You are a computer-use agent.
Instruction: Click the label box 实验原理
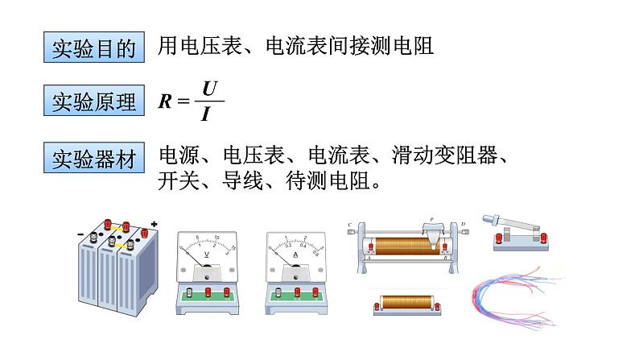(93, 102)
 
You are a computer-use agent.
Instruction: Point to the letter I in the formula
(207, 114)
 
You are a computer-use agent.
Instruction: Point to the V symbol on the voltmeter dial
(208, 255)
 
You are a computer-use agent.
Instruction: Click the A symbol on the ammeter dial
(296, 255)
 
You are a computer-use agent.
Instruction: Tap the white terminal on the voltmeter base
(190, 292)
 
